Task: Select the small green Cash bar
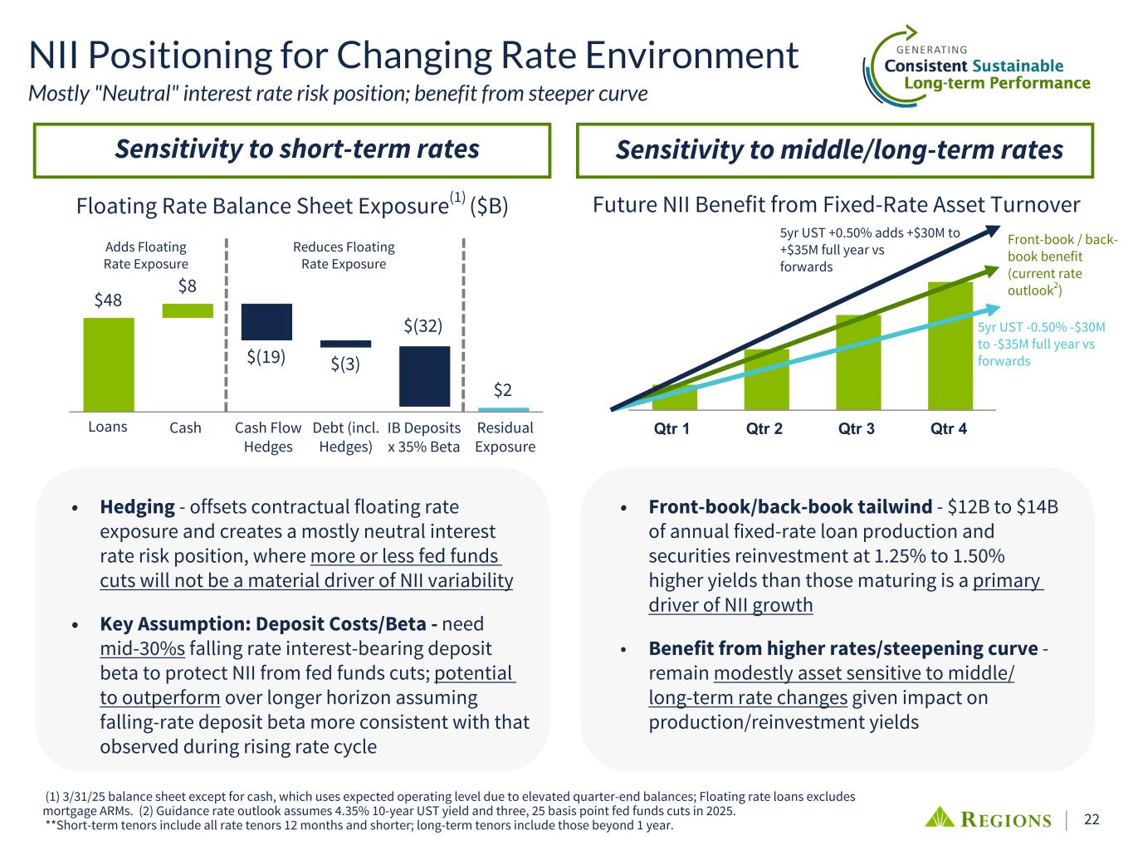pos(188,310)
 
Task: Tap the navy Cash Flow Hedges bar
pos(266,322)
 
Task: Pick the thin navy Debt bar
pos(345,344)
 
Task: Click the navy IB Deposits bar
pos(424,376)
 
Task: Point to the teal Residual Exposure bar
pos(503,409)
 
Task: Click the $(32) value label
pos(423,326)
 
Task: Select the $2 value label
pos(503,389)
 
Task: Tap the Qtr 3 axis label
pos(857,429)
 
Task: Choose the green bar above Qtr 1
pos(674,398)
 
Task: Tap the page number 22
pos(1091,819)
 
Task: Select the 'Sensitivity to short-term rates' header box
pos(292,150)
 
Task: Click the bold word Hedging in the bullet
pos(137,506)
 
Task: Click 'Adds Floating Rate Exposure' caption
pos(146,255)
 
